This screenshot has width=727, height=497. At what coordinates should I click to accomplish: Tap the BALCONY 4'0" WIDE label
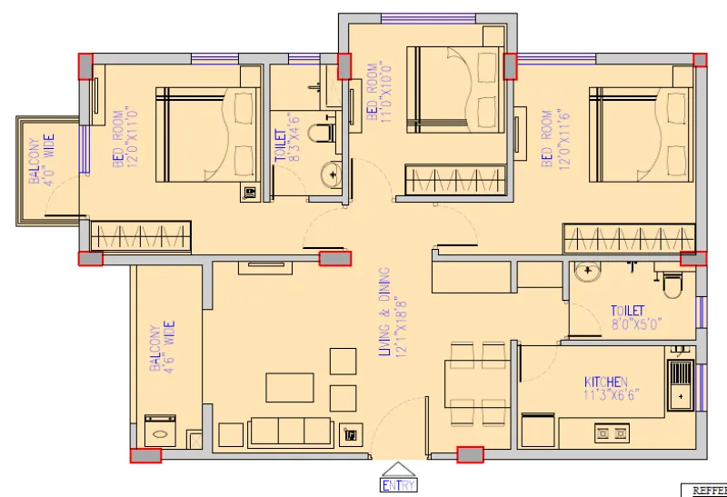coord(41,161)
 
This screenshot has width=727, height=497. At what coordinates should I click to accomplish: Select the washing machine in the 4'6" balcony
coord(161,430)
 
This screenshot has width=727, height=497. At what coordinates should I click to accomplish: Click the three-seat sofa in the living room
coord(291,431)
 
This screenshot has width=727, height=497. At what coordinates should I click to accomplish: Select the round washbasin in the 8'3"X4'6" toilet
coord(330,173)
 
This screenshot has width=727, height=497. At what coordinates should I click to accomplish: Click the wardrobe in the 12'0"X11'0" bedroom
coord(140,236)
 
